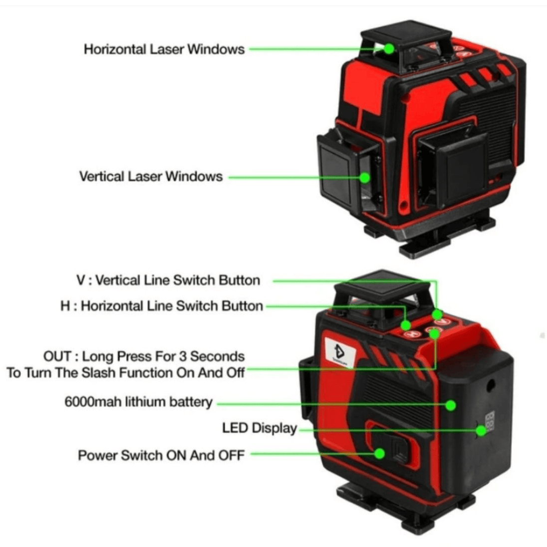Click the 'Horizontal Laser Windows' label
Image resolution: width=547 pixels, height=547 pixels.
[164, 49]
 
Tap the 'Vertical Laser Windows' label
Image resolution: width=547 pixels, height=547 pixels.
[151, 177]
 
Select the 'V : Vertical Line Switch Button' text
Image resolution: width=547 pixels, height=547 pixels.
[168, 280]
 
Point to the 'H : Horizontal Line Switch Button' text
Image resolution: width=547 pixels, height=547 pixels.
[162, 306]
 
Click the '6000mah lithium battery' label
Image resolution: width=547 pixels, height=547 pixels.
[138, 402]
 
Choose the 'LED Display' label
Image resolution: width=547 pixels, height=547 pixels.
[260, 428]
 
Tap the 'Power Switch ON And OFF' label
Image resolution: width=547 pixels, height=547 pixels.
[161, 455]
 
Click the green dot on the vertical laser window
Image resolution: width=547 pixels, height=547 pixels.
[364, 178]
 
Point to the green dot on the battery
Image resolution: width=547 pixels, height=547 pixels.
[451, 405]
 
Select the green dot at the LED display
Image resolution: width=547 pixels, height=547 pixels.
[481, 431]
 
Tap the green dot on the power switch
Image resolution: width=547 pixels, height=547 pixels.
[379, 454]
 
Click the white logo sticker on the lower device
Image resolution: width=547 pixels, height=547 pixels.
[340, 353]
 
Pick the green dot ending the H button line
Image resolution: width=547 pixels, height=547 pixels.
[405, 325]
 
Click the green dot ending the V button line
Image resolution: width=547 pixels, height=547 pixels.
[437, 314]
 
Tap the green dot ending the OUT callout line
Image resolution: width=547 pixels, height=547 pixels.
[434, 334]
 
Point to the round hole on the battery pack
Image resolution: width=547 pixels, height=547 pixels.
[491, 385]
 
